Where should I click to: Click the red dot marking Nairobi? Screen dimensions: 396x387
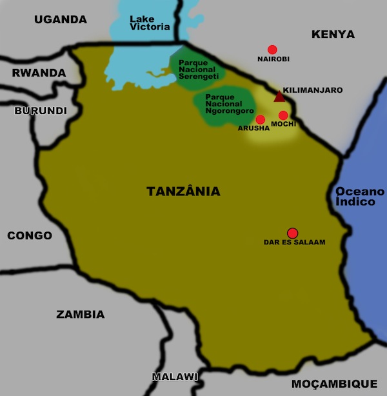[272, 50]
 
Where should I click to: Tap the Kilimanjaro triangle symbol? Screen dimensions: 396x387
[279, 97]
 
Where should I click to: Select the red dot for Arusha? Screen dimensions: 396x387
[261, 119]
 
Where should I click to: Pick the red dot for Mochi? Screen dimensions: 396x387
[283, 115]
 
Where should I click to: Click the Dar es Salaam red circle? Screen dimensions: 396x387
[292, 233]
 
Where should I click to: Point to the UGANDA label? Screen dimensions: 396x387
[61, 19]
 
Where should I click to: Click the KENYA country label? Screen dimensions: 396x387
[333, 34]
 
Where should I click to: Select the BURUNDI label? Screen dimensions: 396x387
[41, 111]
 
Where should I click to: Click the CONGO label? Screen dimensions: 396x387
[30, 235]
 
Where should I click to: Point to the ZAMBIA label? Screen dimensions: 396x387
[80, 315]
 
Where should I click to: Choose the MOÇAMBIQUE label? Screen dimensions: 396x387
[334, 383]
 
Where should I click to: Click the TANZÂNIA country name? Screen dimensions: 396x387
[183, 192]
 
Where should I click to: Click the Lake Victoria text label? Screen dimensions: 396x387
[150, 23]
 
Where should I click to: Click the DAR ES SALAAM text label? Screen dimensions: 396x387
[295, 243]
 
